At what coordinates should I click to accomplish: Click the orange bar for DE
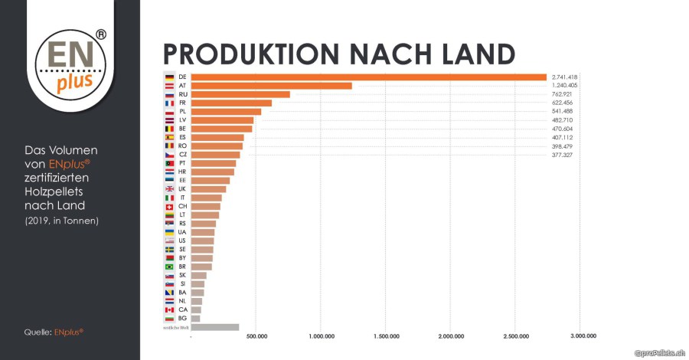coord(368,77)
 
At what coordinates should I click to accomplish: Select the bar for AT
coord(271,86)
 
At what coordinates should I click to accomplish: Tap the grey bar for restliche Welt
coord(215,327)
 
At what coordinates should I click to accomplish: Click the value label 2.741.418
coord(563,77)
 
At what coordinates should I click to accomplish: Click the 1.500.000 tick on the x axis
coord(387,335)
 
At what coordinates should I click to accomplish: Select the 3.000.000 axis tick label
coord(583,335)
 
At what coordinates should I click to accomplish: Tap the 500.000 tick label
coord(257,335)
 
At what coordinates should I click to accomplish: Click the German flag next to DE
coord(169,77)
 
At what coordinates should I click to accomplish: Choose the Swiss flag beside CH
coord(169,207)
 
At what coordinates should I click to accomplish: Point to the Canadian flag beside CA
coord(169,309)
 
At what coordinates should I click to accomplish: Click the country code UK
coord(182,189)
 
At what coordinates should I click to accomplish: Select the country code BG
coord(182,319)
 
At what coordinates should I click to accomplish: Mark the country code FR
coord(182,103)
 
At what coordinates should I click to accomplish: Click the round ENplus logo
coord(70,61)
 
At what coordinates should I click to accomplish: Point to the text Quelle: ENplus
coord(54,332)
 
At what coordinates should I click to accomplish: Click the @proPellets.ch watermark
coord(659,352)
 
